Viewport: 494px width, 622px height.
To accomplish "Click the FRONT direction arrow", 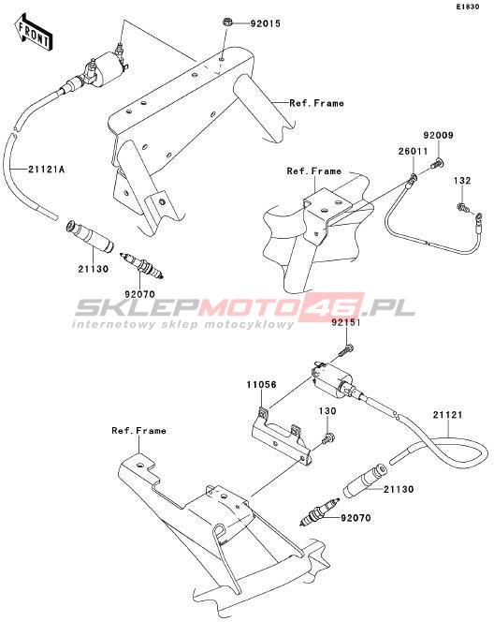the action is [x=33, y=32].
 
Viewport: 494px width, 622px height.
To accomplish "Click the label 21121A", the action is [x=47, y=170].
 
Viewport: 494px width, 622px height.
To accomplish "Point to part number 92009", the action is [x=438, y=135].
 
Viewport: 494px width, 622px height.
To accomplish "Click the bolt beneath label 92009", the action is [x=438, y=162].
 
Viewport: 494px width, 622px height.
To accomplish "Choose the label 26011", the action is [x=414, y=151].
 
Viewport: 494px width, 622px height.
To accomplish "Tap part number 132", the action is [x=462, y=181].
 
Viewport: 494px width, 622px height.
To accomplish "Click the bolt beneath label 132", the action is [x=463, y=206].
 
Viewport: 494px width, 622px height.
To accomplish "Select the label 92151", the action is [x=346, y=322].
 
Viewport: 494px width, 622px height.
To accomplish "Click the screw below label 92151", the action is [x=346, y=349].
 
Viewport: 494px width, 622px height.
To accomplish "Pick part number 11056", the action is [x=261, y=385].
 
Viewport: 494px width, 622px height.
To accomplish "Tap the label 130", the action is [x=327, y=411].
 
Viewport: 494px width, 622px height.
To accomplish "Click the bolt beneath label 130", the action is [x=327, y=438].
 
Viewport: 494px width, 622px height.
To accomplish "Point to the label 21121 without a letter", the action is [x=447, y=415].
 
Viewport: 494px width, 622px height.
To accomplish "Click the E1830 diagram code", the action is [x=468, y=7].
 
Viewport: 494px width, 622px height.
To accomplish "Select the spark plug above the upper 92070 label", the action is [x=142, y=264].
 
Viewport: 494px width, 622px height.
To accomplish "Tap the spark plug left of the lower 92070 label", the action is [x=320, y=512].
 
